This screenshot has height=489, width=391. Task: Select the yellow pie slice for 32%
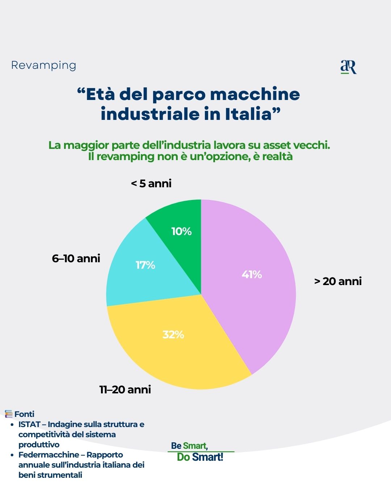[x=174, y=348]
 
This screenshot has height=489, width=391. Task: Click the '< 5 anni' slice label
[x=151, y=184]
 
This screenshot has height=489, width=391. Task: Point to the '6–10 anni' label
[x=76, y=259]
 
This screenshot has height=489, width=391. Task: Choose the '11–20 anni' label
[x=125, y=390]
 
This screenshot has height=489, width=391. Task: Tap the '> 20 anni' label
[x=338, y=281]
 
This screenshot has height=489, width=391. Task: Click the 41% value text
[x=252, y=275]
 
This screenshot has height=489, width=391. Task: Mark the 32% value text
[x=173, y=334]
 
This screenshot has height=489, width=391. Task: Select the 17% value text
[x=145, y=265]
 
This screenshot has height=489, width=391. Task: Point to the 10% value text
[x=181, y=231]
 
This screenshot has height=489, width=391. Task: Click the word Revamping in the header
[x=44, y=65]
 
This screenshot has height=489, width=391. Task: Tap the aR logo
[x=348, y=67]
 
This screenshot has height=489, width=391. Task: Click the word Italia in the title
[x=252, y=114]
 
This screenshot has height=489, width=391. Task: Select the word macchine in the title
[x=255, y=95]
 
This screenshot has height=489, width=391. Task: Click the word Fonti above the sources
[x=24, y=414]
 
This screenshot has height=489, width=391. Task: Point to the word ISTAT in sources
[x=29, y=424]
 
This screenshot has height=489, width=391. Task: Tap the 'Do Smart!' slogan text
[x=200, y=457]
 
